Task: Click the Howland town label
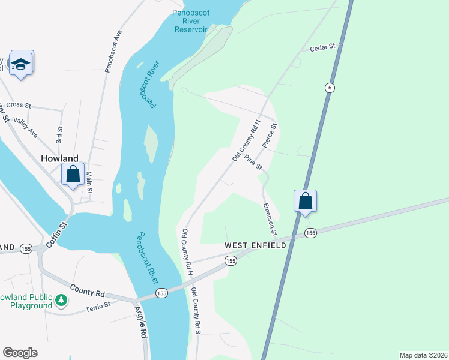(x=59, y=158)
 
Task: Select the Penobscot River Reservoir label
(x=190, y=20)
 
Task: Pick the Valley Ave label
(x=25, y=127)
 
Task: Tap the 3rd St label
(x=59, y=133)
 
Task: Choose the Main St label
(x=89, y=182)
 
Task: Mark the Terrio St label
(x=98, y=305)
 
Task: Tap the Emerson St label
(x=270, y=218)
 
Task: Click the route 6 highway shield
(x=330, y=88)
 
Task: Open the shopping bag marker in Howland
(x=73, y=175)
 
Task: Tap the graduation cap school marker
(x=22, y=63)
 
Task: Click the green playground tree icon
(x=61, y=299)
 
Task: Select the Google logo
(x=20, y=353)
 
